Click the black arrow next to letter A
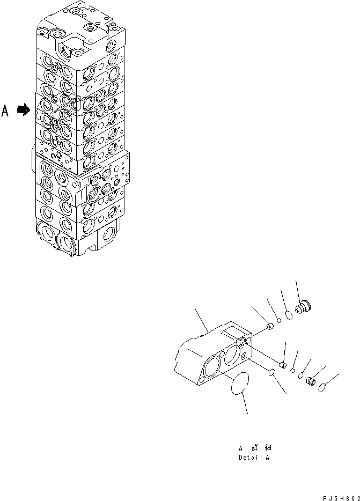23,110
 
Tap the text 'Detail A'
254,458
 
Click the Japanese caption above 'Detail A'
257,447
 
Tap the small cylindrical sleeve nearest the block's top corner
270,326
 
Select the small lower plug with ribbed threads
310,382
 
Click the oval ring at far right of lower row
323,388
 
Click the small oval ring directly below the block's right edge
273,372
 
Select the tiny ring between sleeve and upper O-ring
280,322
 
